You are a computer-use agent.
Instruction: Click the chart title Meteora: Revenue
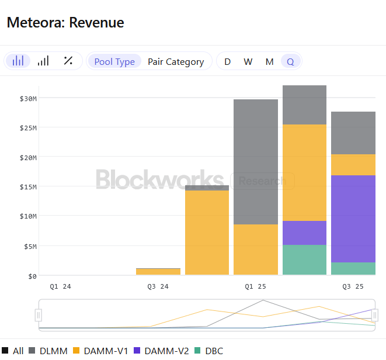pos(65,23)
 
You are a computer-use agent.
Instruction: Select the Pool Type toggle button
pos(114,61)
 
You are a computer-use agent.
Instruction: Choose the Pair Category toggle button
pos(176,61)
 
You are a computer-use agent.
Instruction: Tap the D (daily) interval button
pos(227,61)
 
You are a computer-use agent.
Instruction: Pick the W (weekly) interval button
pos(248,61)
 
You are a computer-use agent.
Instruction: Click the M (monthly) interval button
pos(269,61)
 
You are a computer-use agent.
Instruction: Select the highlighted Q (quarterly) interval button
pos(290,61)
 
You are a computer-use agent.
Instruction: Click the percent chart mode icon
pos(68,61)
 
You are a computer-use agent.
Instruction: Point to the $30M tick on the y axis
pos(28,98)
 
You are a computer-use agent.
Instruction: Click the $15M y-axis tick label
pos(28,186)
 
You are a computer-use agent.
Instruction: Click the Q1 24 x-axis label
pos(60,286)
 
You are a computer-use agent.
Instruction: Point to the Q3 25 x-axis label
pos(353,286)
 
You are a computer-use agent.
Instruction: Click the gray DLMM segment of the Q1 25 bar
pos(256,162)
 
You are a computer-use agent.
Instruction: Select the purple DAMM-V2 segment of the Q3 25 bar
pos(353,219)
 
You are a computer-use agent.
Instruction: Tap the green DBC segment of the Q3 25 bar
pos(353,268)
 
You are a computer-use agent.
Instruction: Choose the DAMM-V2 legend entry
pos(162,351)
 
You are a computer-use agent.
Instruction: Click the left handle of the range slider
pos(39,316)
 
